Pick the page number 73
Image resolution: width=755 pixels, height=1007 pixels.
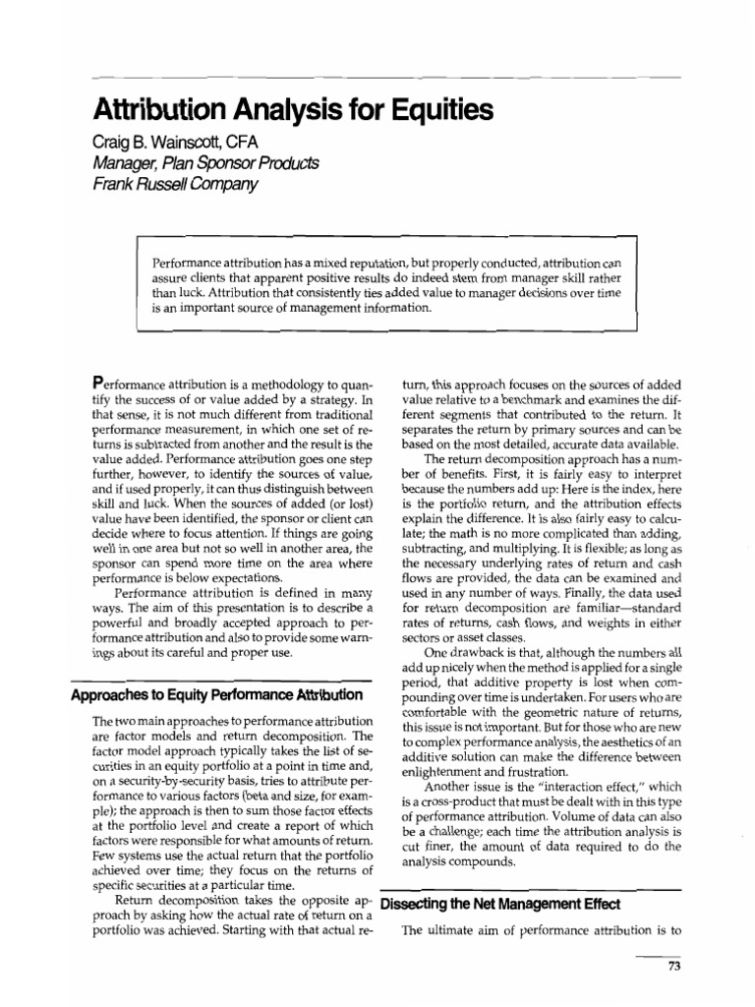click(674, 966)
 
